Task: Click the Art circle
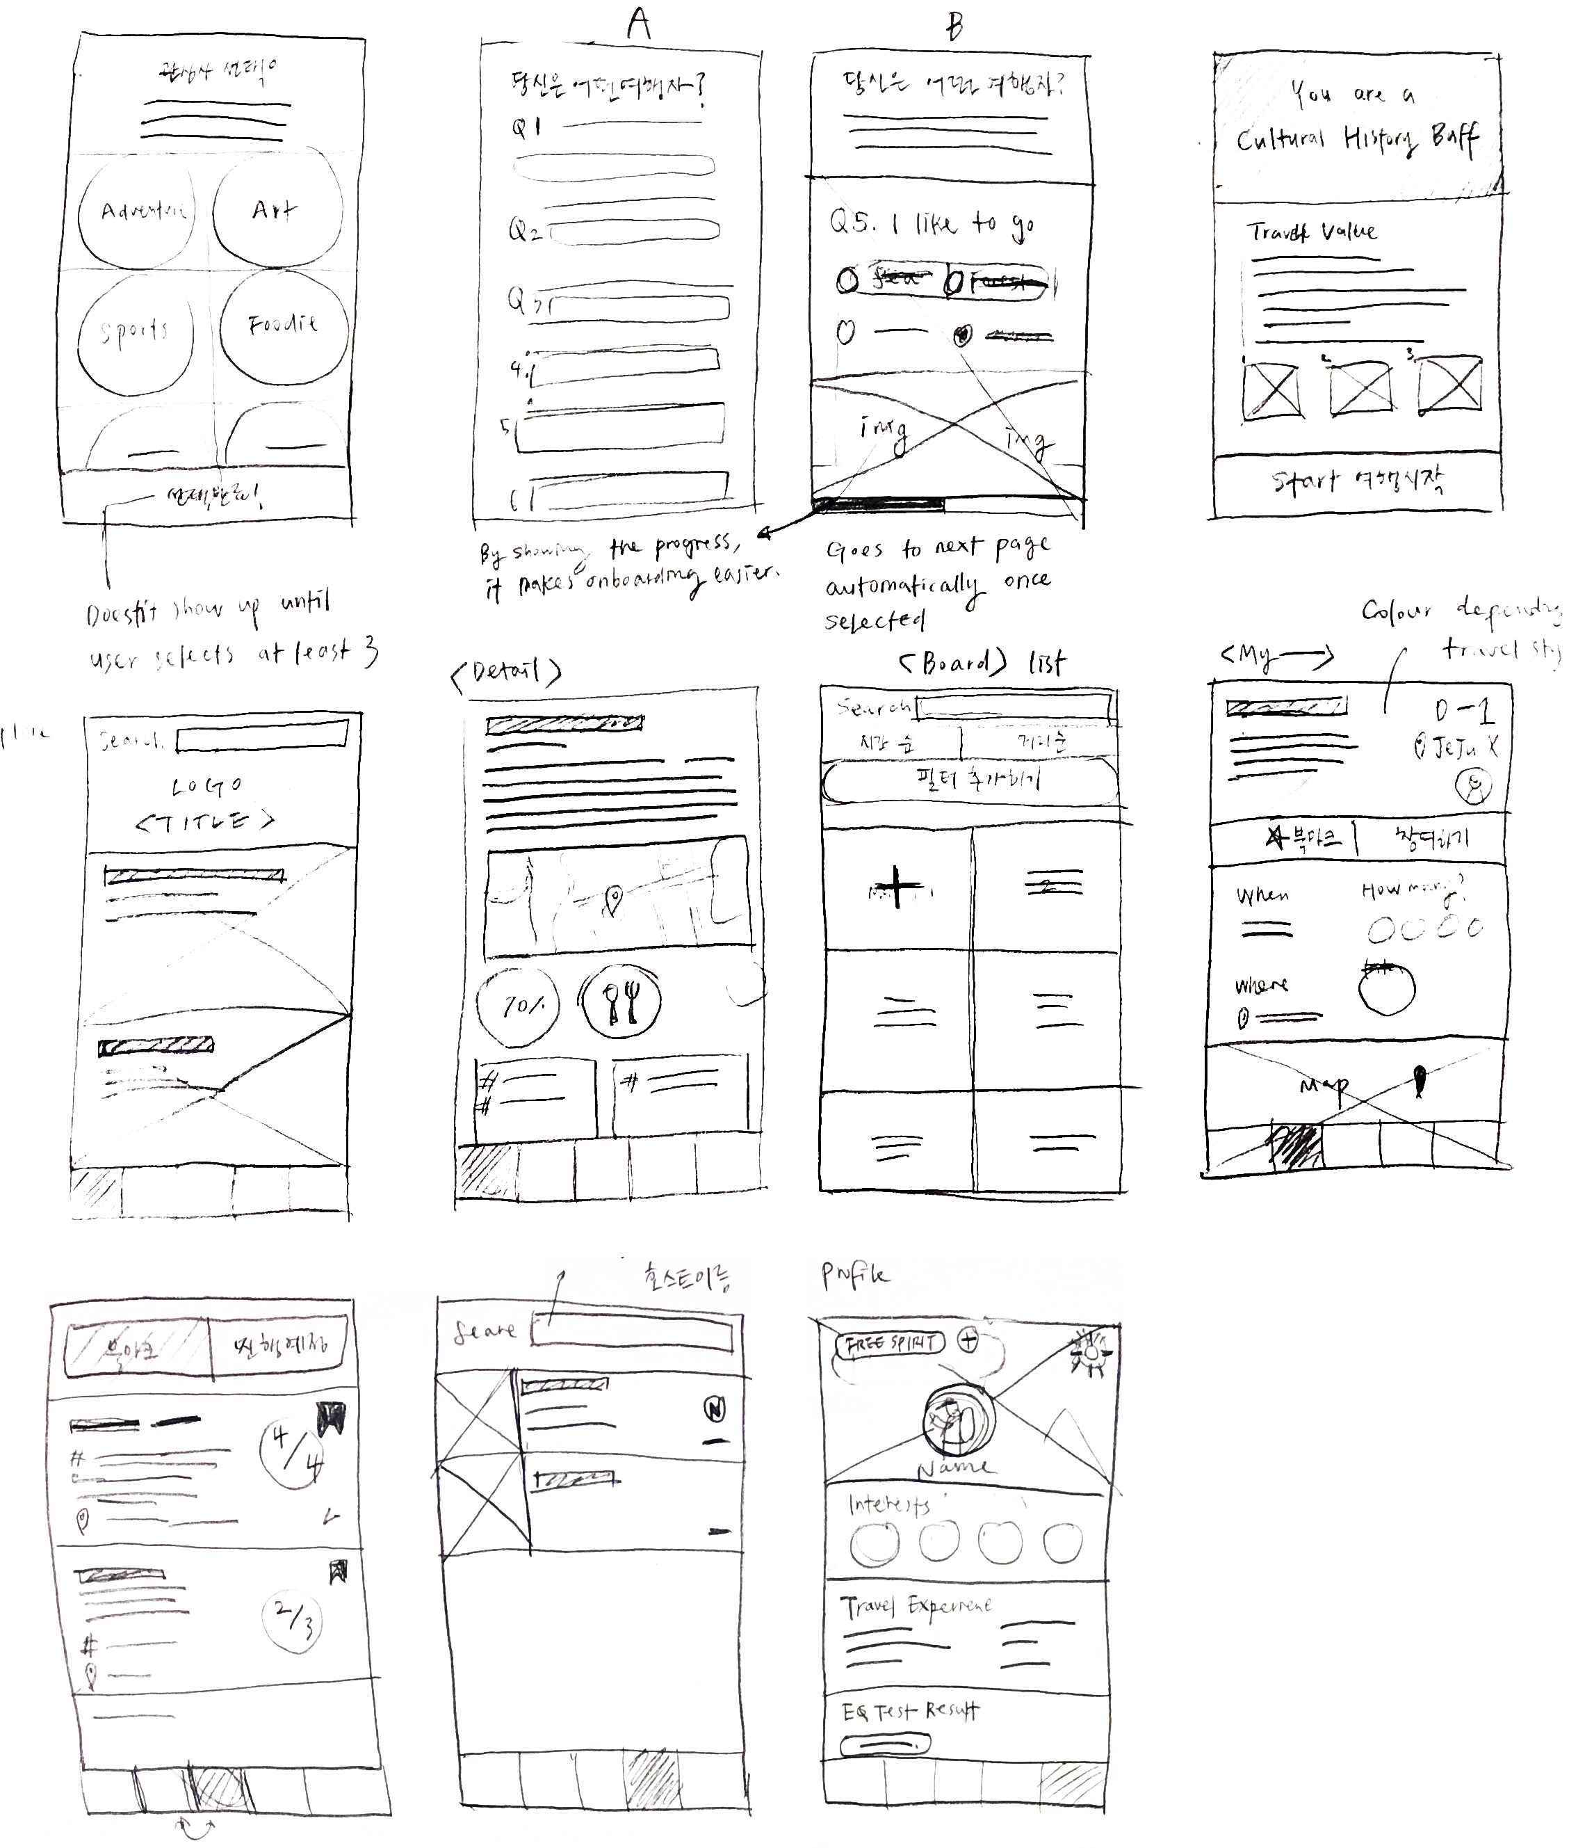point(276,210)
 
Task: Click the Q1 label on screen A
point(526,128)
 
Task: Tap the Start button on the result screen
point(1357,482)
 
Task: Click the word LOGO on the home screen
point(206,787)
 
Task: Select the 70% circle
point(519,1006)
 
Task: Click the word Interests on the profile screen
point(889,1504)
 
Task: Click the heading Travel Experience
point(917,1606)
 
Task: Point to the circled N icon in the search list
point(715,1409)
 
